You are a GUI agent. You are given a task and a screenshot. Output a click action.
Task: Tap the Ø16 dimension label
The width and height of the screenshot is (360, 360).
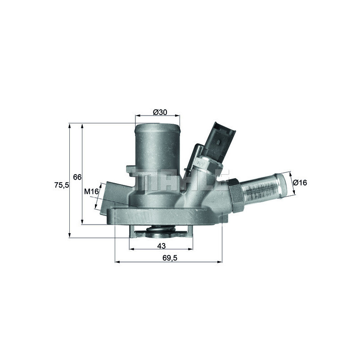300,183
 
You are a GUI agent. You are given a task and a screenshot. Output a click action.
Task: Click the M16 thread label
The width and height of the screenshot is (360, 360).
91,192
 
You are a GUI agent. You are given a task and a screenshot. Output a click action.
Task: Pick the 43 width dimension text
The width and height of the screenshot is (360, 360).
162,246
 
